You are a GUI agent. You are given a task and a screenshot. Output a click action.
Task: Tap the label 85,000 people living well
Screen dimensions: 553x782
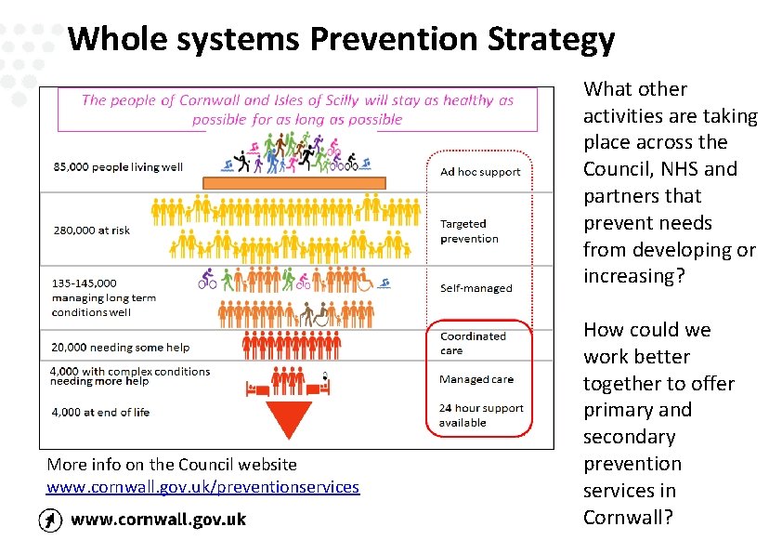pos(118,167)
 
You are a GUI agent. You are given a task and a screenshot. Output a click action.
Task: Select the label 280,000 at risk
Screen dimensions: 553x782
pos(92,230)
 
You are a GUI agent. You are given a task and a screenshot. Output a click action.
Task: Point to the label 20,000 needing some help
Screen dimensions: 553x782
pos(121,348)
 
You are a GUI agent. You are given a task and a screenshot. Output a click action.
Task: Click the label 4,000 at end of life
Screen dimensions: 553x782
pos(101,412)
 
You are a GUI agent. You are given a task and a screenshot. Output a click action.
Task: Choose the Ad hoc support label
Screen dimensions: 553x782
pos(480,172)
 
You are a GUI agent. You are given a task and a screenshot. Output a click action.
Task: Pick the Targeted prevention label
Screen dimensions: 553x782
pos(469,231)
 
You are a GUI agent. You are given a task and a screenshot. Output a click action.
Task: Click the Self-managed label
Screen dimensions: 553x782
pos(476,288)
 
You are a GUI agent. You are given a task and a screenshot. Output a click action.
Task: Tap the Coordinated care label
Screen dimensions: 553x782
pos(473,344)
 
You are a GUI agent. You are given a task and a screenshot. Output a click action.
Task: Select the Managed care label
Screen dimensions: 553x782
pos(476,379)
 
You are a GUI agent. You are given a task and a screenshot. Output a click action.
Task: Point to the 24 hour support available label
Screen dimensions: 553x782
pos(481,415)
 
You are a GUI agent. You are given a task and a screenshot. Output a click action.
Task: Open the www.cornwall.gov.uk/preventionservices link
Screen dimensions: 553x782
pos(202,487)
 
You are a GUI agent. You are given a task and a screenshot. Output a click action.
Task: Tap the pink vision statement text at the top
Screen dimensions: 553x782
pos(297,110)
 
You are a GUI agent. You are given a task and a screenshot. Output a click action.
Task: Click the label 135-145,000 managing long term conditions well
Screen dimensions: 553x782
pos(104,297)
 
